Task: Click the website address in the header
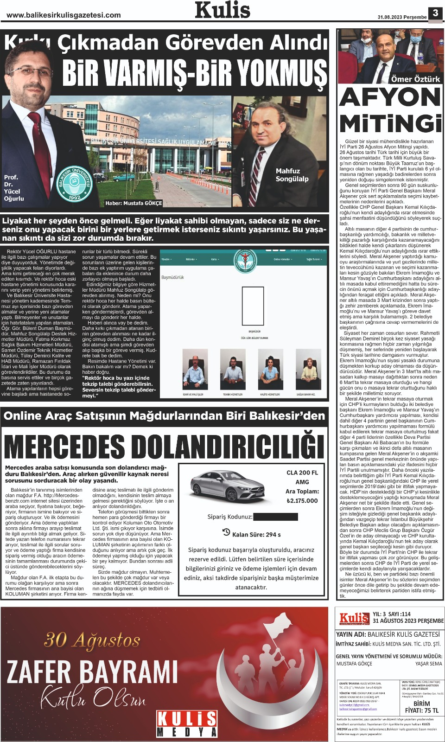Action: coord(64,15)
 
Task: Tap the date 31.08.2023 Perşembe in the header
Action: coord(402,17)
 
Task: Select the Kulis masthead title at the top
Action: coord(222,10)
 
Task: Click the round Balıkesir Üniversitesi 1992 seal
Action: coord(75,184)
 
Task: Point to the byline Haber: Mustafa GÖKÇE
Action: coord(133,203)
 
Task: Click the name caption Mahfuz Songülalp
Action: coord(292,175)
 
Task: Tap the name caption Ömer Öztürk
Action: coord(415,79)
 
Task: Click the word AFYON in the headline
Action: coord(390,98)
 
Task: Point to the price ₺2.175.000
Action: coord(302,500)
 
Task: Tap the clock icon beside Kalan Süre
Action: coord(226,532)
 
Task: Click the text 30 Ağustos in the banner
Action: coord(92,640)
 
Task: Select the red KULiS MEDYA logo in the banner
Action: coord(187,724)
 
